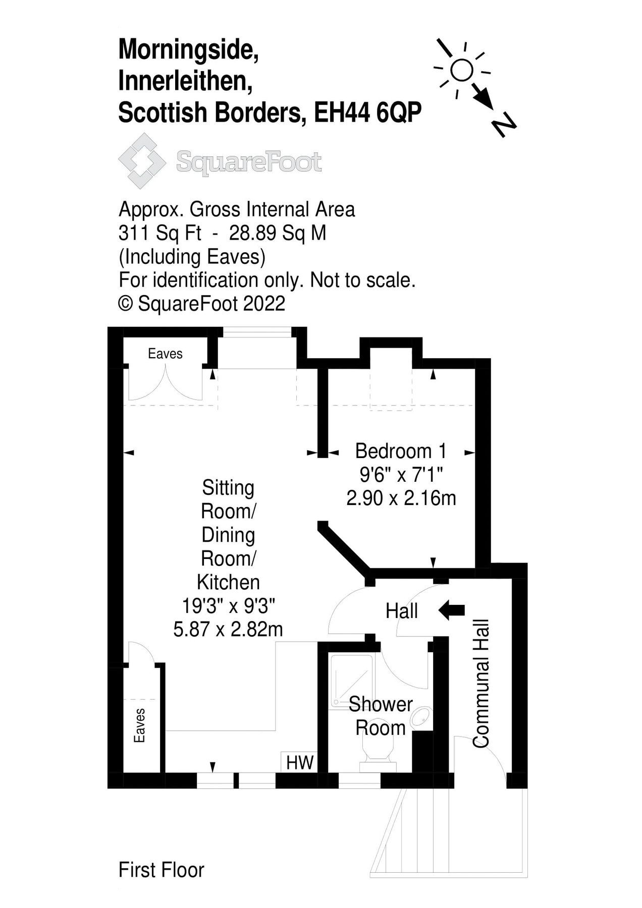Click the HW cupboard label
300,762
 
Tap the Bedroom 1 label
401,450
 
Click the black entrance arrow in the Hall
452,610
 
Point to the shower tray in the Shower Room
350,679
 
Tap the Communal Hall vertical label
481,683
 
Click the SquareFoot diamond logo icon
142,161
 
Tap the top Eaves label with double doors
165,354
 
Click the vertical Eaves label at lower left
139,725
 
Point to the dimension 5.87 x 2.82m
228,629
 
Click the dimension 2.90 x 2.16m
401,498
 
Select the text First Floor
161,870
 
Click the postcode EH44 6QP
367,112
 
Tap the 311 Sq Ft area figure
159,233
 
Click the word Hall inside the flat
401,611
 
